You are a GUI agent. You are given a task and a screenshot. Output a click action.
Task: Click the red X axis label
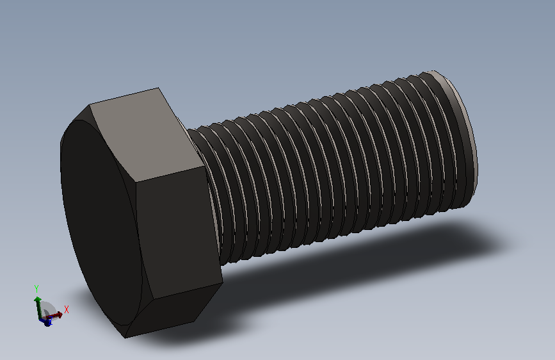click(x=67, y=309)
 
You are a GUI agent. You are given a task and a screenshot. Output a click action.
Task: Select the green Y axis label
click(x=36, y=288)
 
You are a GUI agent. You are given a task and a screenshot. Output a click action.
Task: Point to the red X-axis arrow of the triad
click(x=56, y=314)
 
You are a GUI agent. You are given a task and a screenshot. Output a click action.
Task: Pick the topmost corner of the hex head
click(x=157, y=88)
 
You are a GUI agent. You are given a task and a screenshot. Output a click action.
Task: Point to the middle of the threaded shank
click(x=333, y=167)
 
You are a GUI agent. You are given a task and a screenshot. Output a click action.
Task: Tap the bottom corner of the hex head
click(x=126, y=337)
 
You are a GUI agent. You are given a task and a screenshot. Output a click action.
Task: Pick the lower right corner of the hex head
click(x=221, y=282)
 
